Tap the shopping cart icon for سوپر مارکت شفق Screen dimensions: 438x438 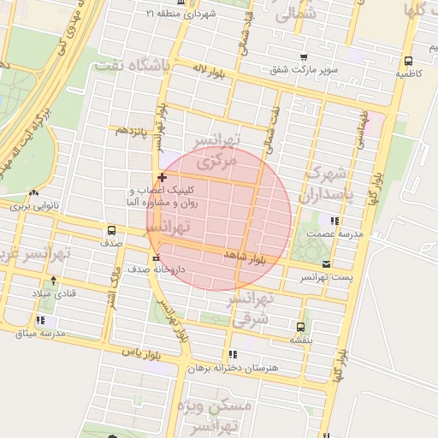pos(304,57)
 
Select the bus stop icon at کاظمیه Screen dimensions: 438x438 pos(408,61)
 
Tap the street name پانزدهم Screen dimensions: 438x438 pos(133,130)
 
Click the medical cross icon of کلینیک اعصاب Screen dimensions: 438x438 pos(162,177)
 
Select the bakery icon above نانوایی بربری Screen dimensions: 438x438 pos(33,193)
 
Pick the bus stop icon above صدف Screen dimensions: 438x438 pos(111,230)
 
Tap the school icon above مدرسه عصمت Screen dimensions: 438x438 pos(334,221)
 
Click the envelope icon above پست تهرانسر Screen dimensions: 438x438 pos(326,264)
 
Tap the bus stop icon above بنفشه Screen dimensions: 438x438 pos(299,326)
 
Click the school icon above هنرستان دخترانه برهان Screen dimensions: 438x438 pos(232,354)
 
